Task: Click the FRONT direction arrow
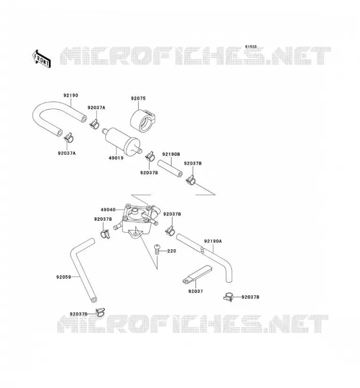point(42,59)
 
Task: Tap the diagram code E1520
point(251,47)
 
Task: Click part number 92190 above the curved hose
point(71,95)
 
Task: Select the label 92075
point(138,98)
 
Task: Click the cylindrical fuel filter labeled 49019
point(122,141)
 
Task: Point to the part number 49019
point(116,158)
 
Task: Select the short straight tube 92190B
point(170,169)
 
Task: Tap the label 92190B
point(171,154)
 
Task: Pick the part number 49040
point(108,210)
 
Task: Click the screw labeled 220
point(157,250)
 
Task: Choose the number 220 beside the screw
point(172,251)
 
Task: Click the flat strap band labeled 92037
point(197,274)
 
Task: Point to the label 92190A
point(213,241)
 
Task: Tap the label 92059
point(64,277)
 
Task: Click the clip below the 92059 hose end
point(100,312)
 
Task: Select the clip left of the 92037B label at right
point(229,297)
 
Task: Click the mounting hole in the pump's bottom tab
point(135,233)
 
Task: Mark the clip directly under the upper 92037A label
point(94,124)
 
